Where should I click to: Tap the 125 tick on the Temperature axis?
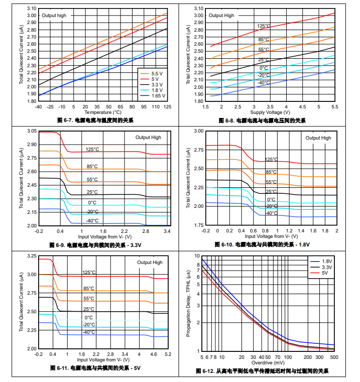point(168,107)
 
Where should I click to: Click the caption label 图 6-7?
point(65,120)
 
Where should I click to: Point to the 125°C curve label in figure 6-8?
point(264,27)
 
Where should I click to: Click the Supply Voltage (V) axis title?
point(271,112)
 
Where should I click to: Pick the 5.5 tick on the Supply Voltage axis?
point(334,107)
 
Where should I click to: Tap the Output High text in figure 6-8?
point(221,16)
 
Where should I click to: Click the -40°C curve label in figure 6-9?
point(92,220)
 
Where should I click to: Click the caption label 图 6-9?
point(57,245)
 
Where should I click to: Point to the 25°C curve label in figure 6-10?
point(271,191)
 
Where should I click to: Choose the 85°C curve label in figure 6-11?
point(89,289)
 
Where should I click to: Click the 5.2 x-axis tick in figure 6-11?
point(168,354)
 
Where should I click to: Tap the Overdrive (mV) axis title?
point(268,362)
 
